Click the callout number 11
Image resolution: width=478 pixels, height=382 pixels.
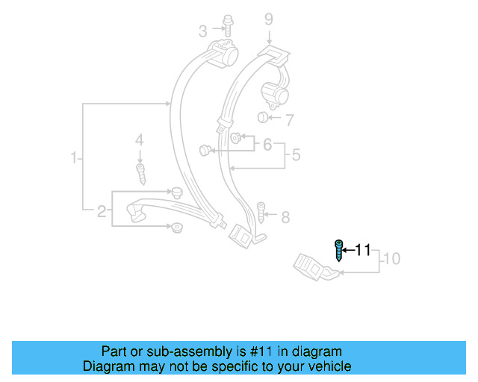coord(362,250)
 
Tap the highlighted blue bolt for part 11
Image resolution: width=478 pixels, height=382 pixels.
coord(338,251)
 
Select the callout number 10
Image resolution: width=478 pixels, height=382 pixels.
coord(392,260)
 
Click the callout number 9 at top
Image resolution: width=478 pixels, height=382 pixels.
coord(269,19)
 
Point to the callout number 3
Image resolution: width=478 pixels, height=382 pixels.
coord(202,31)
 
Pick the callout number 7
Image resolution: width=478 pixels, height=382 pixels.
coord(289,119)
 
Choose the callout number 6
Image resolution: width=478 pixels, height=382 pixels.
coord(267,144)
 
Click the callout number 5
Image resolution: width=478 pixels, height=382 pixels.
coord(296,156)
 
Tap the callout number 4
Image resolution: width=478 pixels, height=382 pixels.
coord(138,140)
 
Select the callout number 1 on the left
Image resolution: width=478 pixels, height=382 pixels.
coord(74,158)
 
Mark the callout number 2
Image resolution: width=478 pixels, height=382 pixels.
coord(102,212)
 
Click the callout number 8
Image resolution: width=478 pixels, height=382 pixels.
coord(285,217)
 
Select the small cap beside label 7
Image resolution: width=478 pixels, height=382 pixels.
coord(262,117)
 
